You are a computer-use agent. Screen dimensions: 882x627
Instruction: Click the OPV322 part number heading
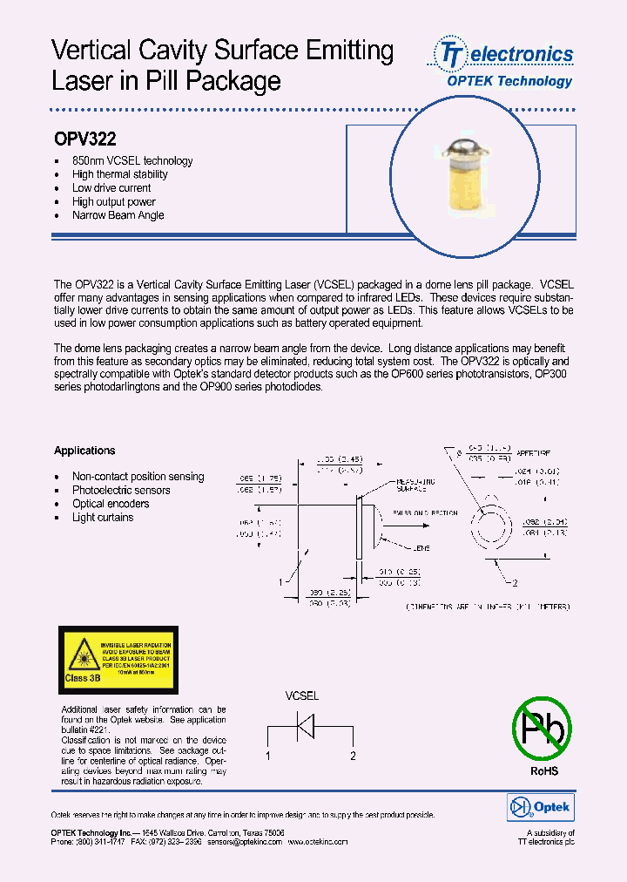(x=85, y=139)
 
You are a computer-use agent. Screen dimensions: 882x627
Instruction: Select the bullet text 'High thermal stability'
(x=119, y=174)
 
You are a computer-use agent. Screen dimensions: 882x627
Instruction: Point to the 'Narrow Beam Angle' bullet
(x=118, y=215)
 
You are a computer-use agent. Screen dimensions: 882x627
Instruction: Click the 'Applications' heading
(x=84, y=451)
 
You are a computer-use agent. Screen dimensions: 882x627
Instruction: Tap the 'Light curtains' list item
(x=103, y=518)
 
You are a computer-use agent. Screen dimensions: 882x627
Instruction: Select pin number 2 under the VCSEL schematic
(x=353, y=756)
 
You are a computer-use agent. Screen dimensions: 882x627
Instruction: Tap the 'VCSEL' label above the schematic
(x=302, y=696)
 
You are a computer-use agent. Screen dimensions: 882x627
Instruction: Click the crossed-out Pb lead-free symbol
(x=541, y=728)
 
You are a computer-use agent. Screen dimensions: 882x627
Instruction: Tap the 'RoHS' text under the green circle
(x=543, y=771)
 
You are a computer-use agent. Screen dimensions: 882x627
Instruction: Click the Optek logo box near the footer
(x=540, y=808)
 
